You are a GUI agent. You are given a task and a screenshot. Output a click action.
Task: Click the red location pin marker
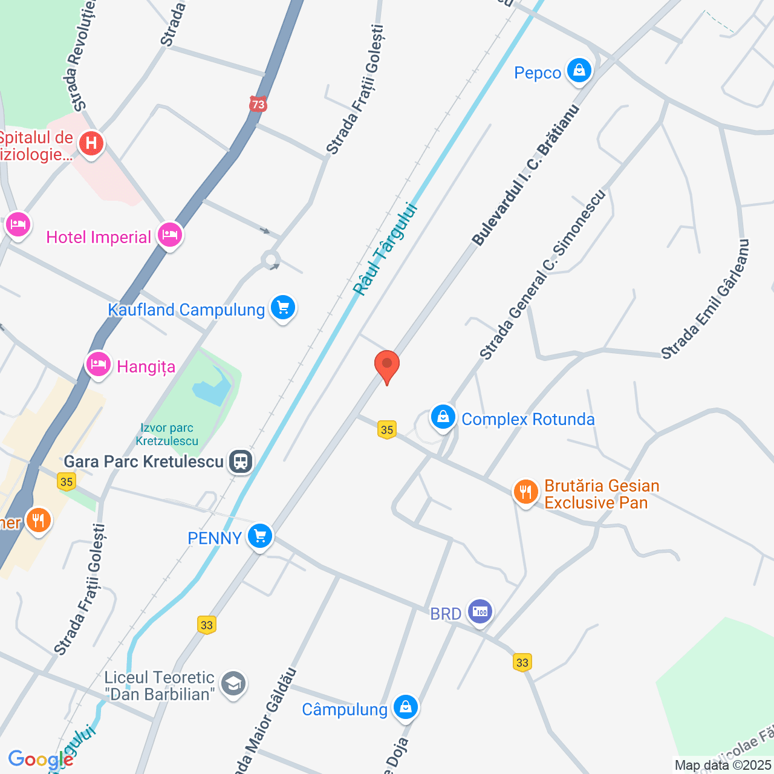coord(387,366)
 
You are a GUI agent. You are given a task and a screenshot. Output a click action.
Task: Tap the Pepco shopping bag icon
coord(579,71)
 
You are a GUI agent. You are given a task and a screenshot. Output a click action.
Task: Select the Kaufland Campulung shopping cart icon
coord(283,308)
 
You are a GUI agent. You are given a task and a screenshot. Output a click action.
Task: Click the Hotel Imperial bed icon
coord(170,235)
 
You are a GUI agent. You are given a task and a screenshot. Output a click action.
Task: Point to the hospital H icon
coord(91,144)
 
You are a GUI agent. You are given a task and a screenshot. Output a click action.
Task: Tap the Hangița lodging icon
coord(99,365)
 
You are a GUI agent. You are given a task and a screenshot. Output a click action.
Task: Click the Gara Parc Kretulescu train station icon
coord(241,461)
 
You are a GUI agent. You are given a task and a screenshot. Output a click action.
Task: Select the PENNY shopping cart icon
coord(260,536)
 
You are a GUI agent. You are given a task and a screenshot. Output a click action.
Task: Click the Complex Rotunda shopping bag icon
coord(443,417)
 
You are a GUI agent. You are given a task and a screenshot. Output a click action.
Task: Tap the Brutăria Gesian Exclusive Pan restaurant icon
coord(525,492)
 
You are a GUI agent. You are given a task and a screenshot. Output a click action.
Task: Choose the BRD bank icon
coord(480,612)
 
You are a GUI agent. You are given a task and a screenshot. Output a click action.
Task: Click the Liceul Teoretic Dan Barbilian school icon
coord(233,685)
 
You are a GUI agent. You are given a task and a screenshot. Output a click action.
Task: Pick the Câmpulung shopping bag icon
coord(405,707)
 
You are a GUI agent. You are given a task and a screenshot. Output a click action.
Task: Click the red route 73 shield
coord(258,105)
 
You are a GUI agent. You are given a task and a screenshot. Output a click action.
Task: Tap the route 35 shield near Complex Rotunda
coord(387,430)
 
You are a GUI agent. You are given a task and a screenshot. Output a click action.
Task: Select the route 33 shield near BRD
coord(522,663)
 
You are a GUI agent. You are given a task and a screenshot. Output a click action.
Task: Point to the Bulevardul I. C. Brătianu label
coord(525,175)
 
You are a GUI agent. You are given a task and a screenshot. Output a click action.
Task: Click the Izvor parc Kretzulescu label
coord(167,435)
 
